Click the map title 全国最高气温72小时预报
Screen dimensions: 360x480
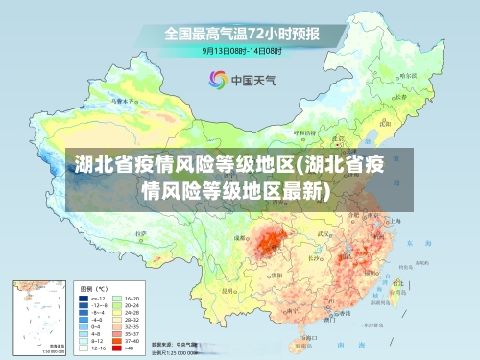pyautogui.click(x=241, y=34)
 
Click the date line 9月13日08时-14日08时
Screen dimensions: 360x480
pyautogui.click(x=241, y=51)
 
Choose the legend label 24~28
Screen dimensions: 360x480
pyautogui.click(x=133, y=314)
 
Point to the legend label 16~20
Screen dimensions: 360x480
pyautogui.click(x=133, y=299)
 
